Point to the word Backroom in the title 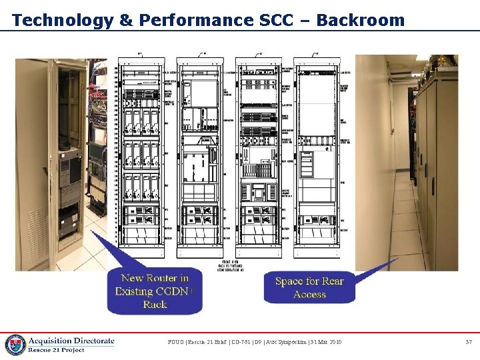361,20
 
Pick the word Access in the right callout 309,295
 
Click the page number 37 468,342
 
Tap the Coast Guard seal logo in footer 15,343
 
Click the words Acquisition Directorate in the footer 71,341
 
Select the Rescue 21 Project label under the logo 57,350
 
